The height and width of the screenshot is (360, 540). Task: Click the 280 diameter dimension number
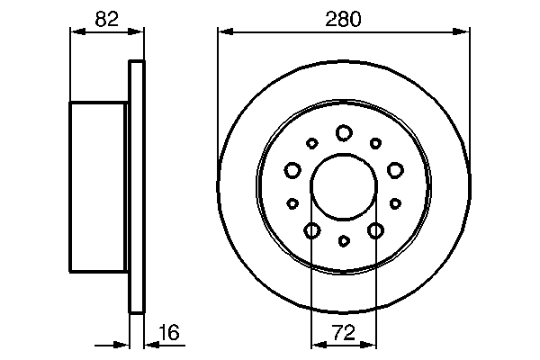(x=343, y=18)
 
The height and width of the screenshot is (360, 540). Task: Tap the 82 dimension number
(x=107, y=18)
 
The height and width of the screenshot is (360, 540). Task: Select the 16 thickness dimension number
(x=168, y=333)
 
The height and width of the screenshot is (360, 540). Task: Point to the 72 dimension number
(x=343, y=333)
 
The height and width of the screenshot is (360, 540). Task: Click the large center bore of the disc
(x=343, y=187)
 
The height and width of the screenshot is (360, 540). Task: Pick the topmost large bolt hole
(x=343, y=133)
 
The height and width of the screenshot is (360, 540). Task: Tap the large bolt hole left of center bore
(x=292, y=169)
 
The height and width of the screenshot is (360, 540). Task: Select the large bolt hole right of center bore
(x=394, y=169)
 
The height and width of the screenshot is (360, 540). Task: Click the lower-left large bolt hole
(x=311, y=231)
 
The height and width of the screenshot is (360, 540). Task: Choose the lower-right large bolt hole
(x=374, y=231)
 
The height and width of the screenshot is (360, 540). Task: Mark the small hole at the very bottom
(x=343, y=241)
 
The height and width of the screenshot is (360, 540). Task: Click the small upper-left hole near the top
(x=312, y=143)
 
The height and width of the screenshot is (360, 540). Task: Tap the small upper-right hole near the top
(x=374, y=143)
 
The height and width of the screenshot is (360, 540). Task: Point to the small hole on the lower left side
(x=292, y=202)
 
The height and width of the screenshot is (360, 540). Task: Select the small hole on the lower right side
(x=394, y=202)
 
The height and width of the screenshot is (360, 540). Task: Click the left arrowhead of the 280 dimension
(x=222, y=32)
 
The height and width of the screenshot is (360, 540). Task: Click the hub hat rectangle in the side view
(x=99, y=186)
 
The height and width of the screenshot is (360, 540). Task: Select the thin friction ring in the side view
(x=137, y=186)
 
